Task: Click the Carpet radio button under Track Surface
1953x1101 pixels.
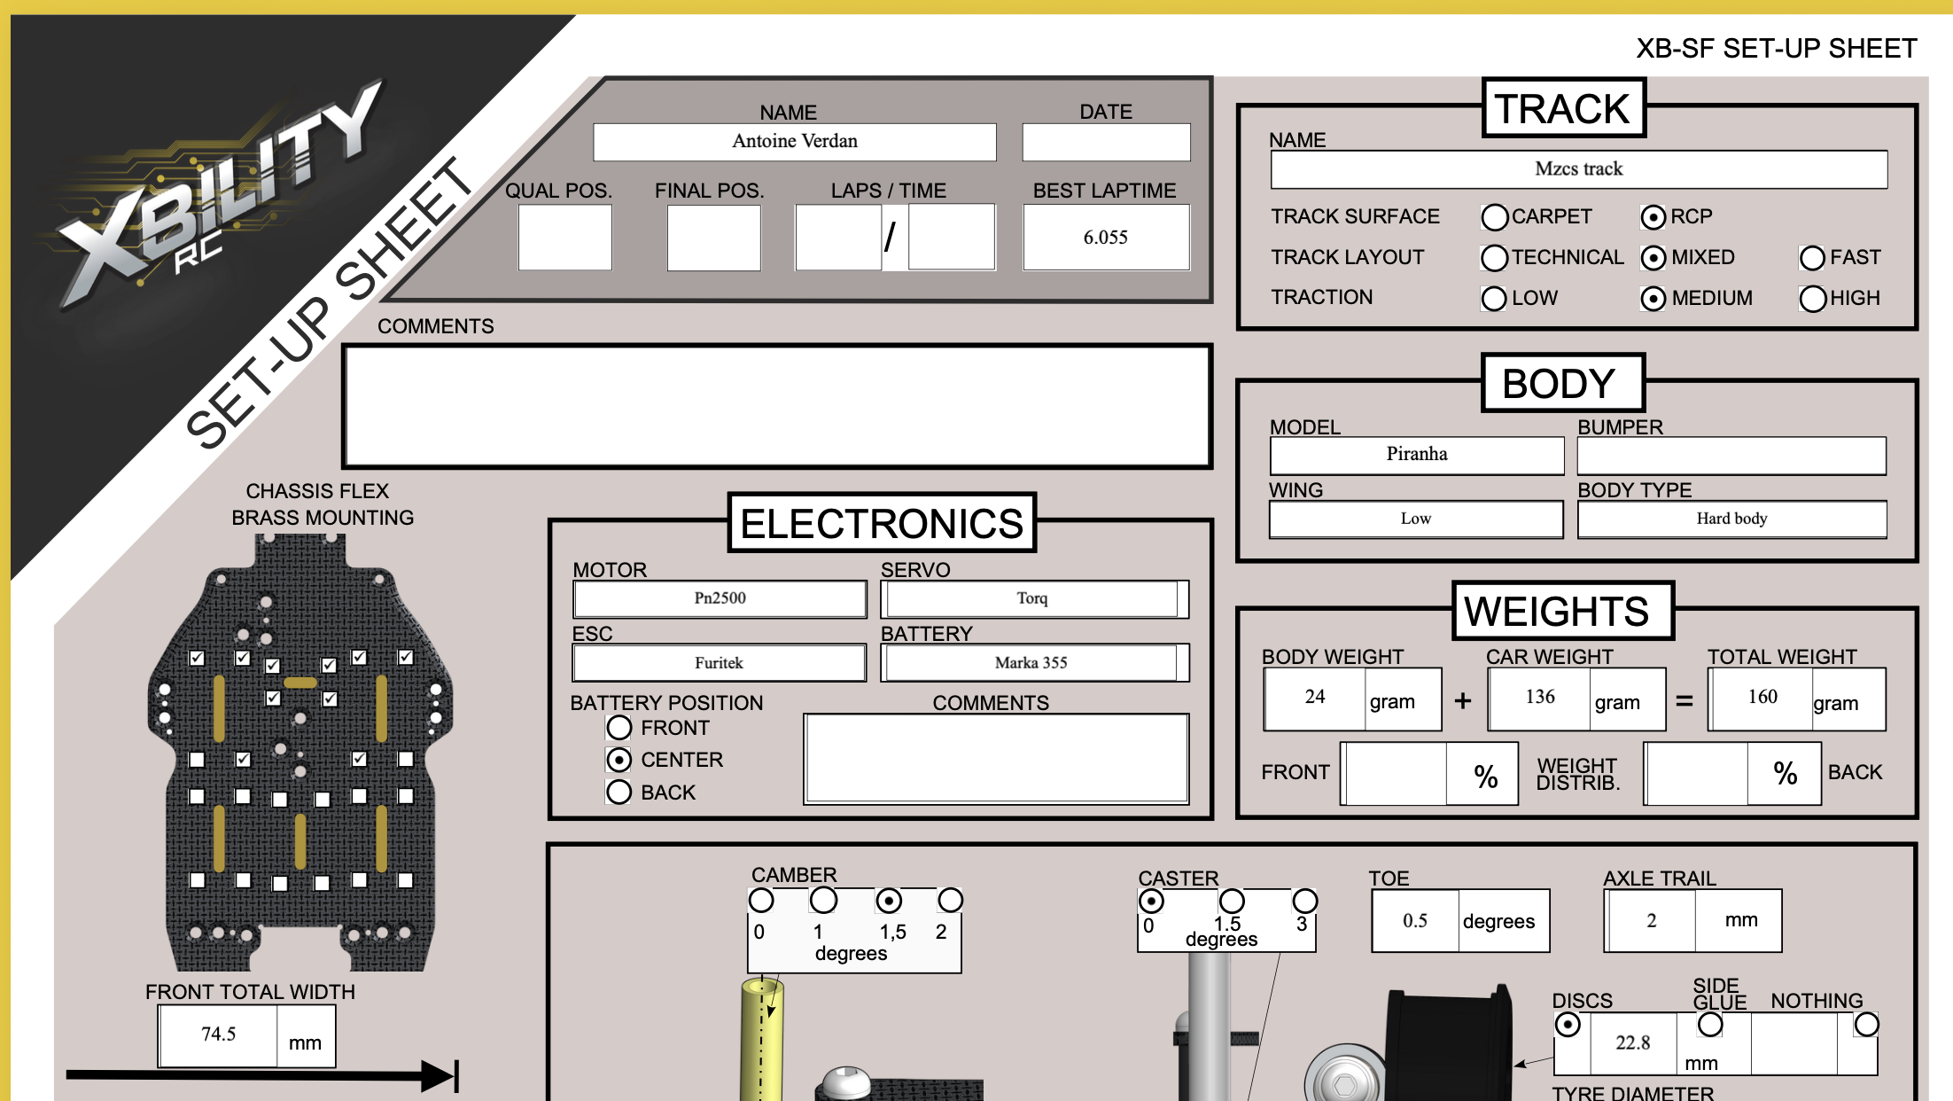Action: [1494, 217]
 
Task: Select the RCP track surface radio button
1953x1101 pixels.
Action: [1653, 217]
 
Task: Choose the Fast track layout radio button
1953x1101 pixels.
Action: [1812, 258]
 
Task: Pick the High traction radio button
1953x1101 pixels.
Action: [1812, 299]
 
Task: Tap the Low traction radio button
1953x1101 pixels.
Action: [1494, 299]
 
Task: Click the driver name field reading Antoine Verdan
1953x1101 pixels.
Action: [795, 142]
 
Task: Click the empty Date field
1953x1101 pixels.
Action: [1106, 142]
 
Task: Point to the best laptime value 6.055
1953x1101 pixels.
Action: [1106, 238]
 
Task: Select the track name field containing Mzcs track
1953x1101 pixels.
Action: [1579, 169]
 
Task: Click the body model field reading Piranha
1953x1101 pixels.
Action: [1417, 455]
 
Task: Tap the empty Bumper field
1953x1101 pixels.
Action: [1731, 456]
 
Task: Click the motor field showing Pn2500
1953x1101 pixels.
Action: [720, 599]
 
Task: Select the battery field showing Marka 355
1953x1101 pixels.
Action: [1031, 663]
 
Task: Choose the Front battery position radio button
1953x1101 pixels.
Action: [619, 728]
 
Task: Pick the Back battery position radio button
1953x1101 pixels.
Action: [619, 792]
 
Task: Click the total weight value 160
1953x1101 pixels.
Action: [1762, 697]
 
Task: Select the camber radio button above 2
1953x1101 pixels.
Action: [950, 901]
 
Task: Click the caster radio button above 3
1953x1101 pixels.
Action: [1304, 902]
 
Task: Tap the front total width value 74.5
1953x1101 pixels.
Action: [218, 1035]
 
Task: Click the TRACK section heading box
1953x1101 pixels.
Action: [1563, 108]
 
